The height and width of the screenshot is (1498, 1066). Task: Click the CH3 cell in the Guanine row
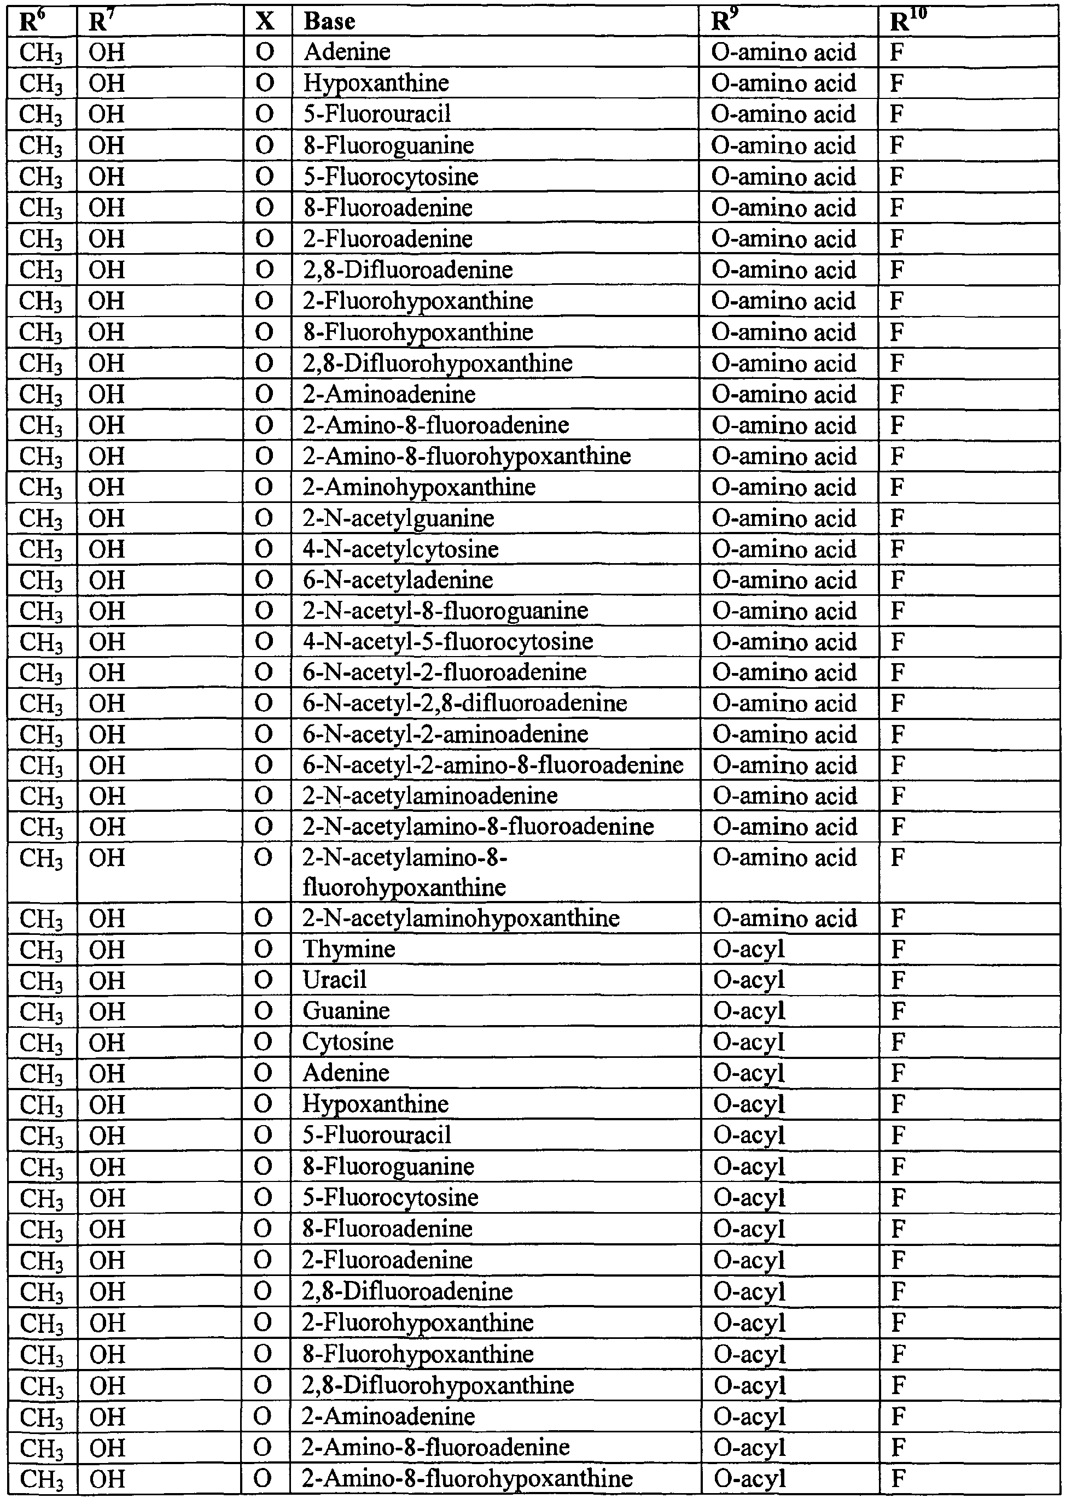point(42,1011)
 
